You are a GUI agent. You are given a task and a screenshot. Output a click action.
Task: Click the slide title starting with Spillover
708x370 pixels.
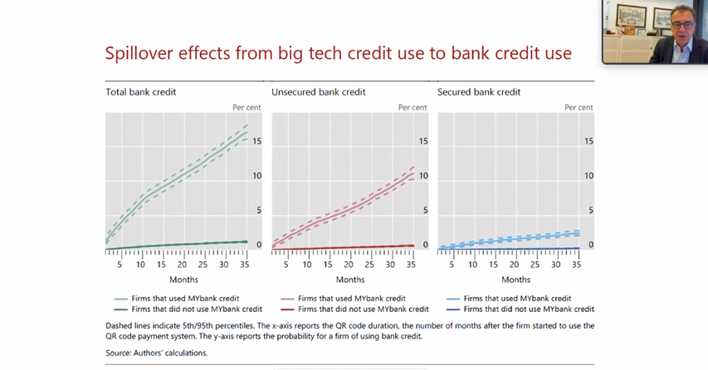(x=338, y=53)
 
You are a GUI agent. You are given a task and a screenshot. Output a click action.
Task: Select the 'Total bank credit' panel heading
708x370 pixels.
(x=141, y=92)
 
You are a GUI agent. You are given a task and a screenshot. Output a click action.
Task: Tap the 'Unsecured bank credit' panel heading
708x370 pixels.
(x=319, y=92)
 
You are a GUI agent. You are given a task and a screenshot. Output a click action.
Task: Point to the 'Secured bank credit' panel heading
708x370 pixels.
(x=479, y=92)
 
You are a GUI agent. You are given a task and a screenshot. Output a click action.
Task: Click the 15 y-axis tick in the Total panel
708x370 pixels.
(x=256, y=142)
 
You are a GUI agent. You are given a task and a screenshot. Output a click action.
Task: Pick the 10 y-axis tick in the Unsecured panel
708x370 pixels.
(x=423, y=176)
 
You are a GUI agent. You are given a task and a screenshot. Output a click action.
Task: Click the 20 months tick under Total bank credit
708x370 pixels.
(x=182, y=265)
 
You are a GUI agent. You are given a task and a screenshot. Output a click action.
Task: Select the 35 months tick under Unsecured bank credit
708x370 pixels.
(x=411, y=265)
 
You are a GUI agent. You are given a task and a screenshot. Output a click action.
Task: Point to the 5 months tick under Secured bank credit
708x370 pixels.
(x=452, y=265)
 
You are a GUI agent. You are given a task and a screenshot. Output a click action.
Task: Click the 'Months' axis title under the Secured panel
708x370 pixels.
(x=515, y=280)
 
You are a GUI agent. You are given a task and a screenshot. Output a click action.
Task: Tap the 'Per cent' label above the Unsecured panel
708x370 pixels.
(x=413, y=108)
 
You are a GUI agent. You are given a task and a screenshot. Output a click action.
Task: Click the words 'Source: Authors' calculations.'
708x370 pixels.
(x=157, y=353)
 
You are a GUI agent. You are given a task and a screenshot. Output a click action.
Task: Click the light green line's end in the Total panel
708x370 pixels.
(x=247, y=132)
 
